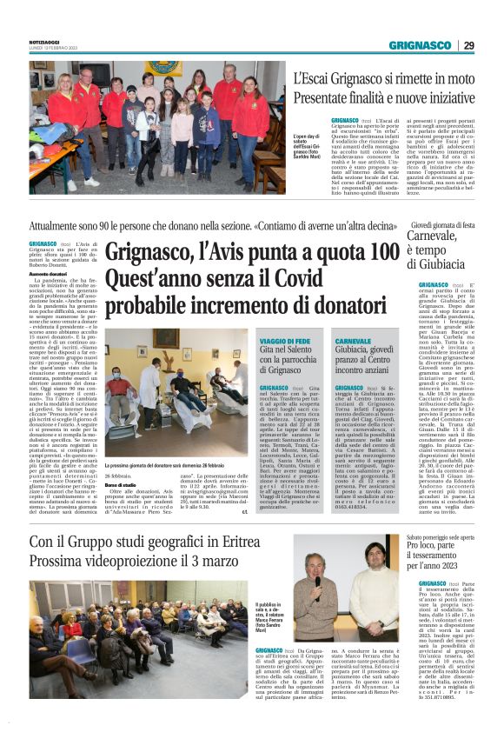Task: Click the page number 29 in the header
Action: (468, 45)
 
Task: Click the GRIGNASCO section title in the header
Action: (420, 45)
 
